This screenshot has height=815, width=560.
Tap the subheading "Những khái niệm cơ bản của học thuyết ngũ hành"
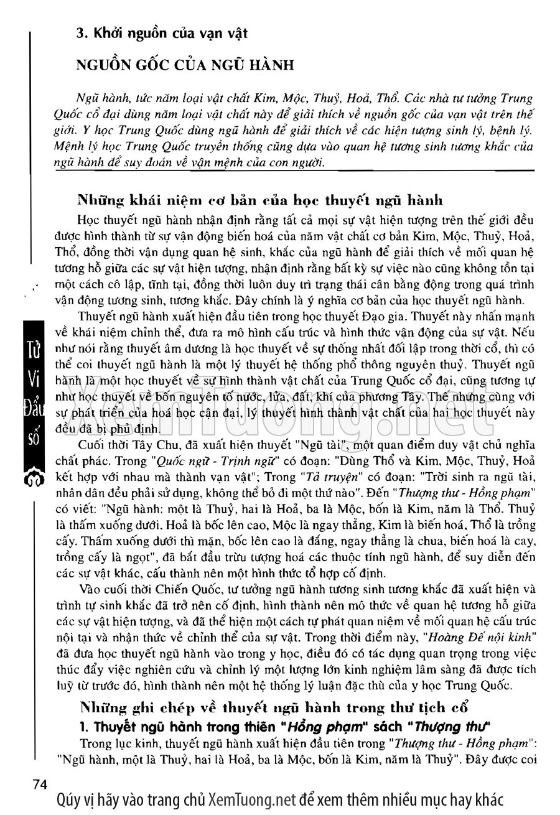[260, 201]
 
